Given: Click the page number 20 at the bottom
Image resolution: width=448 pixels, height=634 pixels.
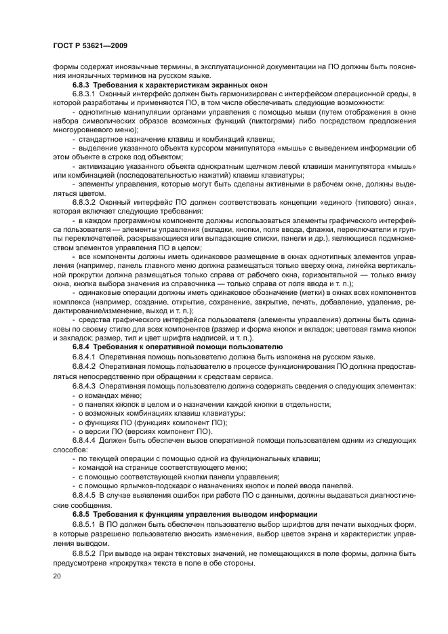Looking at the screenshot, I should point(58,576).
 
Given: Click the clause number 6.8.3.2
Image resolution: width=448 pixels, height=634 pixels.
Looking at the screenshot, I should point(85,203).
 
